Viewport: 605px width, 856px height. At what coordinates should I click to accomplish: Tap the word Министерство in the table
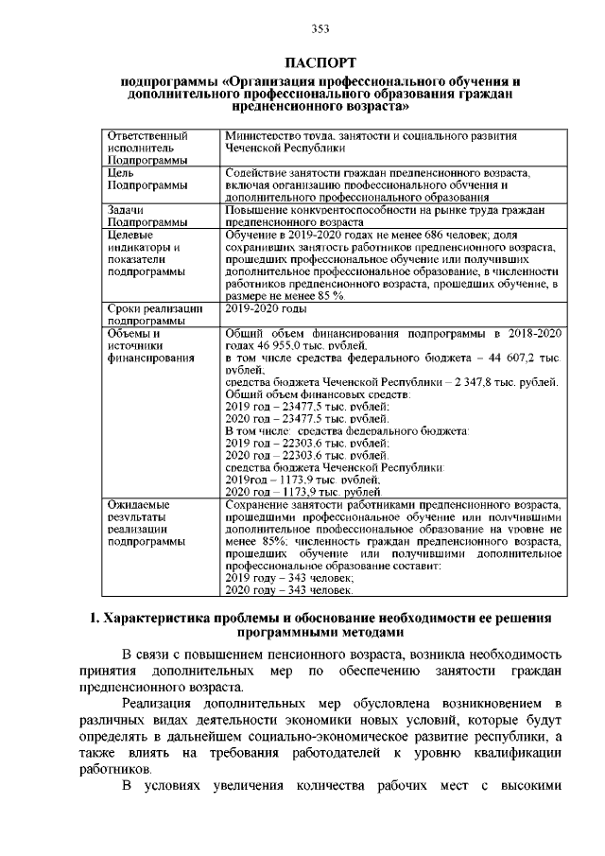point(263,137)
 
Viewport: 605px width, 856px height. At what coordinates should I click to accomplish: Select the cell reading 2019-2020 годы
point(268,309)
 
